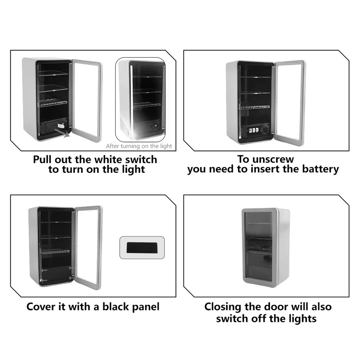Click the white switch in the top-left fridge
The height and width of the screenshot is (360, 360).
click(x=61, y=125)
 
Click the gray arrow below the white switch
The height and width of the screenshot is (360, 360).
click(x=62, y=133)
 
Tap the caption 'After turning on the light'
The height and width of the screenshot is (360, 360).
click(x=139, y=146)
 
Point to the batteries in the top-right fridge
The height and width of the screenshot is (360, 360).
click(x=254, y=130)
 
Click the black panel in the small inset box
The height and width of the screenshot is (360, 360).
click(x=142, y=247)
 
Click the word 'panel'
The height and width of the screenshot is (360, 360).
click(x=146, y=307)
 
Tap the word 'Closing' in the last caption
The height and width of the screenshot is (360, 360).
click(x=222, y=307)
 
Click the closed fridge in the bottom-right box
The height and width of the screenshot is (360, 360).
click(x=265, y=248)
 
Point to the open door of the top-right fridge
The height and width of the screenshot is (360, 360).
click(x=291, y=103)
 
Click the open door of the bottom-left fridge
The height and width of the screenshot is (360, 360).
click(x=88, y=248)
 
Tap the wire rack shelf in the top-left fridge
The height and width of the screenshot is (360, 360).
click(x=53, y=103)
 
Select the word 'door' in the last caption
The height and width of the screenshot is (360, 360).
click(x=277, y=307)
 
